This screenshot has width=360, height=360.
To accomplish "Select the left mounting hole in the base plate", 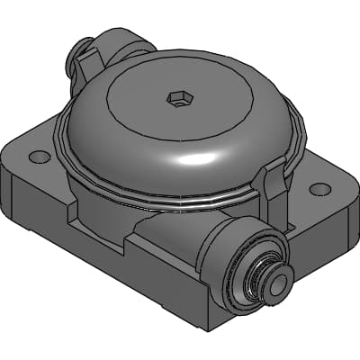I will coord(39,157).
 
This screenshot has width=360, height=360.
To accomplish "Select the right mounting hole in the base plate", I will coord(319,189).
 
